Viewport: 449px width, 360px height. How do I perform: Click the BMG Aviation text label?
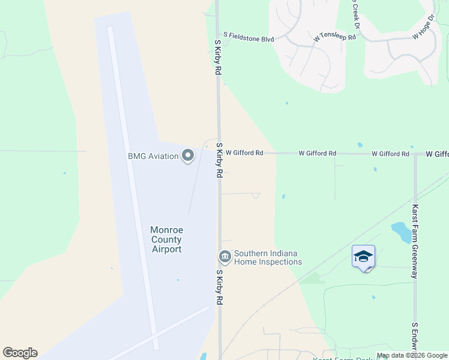point(153,157)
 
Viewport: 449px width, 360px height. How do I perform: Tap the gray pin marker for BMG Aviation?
point(188,156)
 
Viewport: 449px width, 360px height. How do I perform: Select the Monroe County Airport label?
point(166,239)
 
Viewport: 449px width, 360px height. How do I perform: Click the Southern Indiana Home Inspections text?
point(268,257)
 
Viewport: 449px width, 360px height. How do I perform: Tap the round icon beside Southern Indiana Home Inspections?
point(225,257)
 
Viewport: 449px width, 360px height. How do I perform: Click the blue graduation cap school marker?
point(363,257)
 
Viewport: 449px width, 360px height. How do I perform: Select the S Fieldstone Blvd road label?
point(249,38)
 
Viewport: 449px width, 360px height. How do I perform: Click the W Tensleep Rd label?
point(334,37)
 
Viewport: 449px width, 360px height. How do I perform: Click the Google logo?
point(20,353)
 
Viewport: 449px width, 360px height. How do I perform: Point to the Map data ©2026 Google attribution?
point(412,356)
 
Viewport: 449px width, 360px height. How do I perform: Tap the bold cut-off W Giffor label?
point(437,154)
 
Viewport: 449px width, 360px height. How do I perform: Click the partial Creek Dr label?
point(355,16)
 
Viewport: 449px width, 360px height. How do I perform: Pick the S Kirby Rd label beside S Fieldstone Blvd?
point(218,58)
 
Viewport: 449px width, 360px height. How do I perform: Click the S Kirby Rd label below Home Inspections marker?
point(219,287)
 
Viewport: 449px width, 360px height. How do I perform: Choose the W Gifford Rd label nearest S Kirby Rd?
point(244,153)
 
